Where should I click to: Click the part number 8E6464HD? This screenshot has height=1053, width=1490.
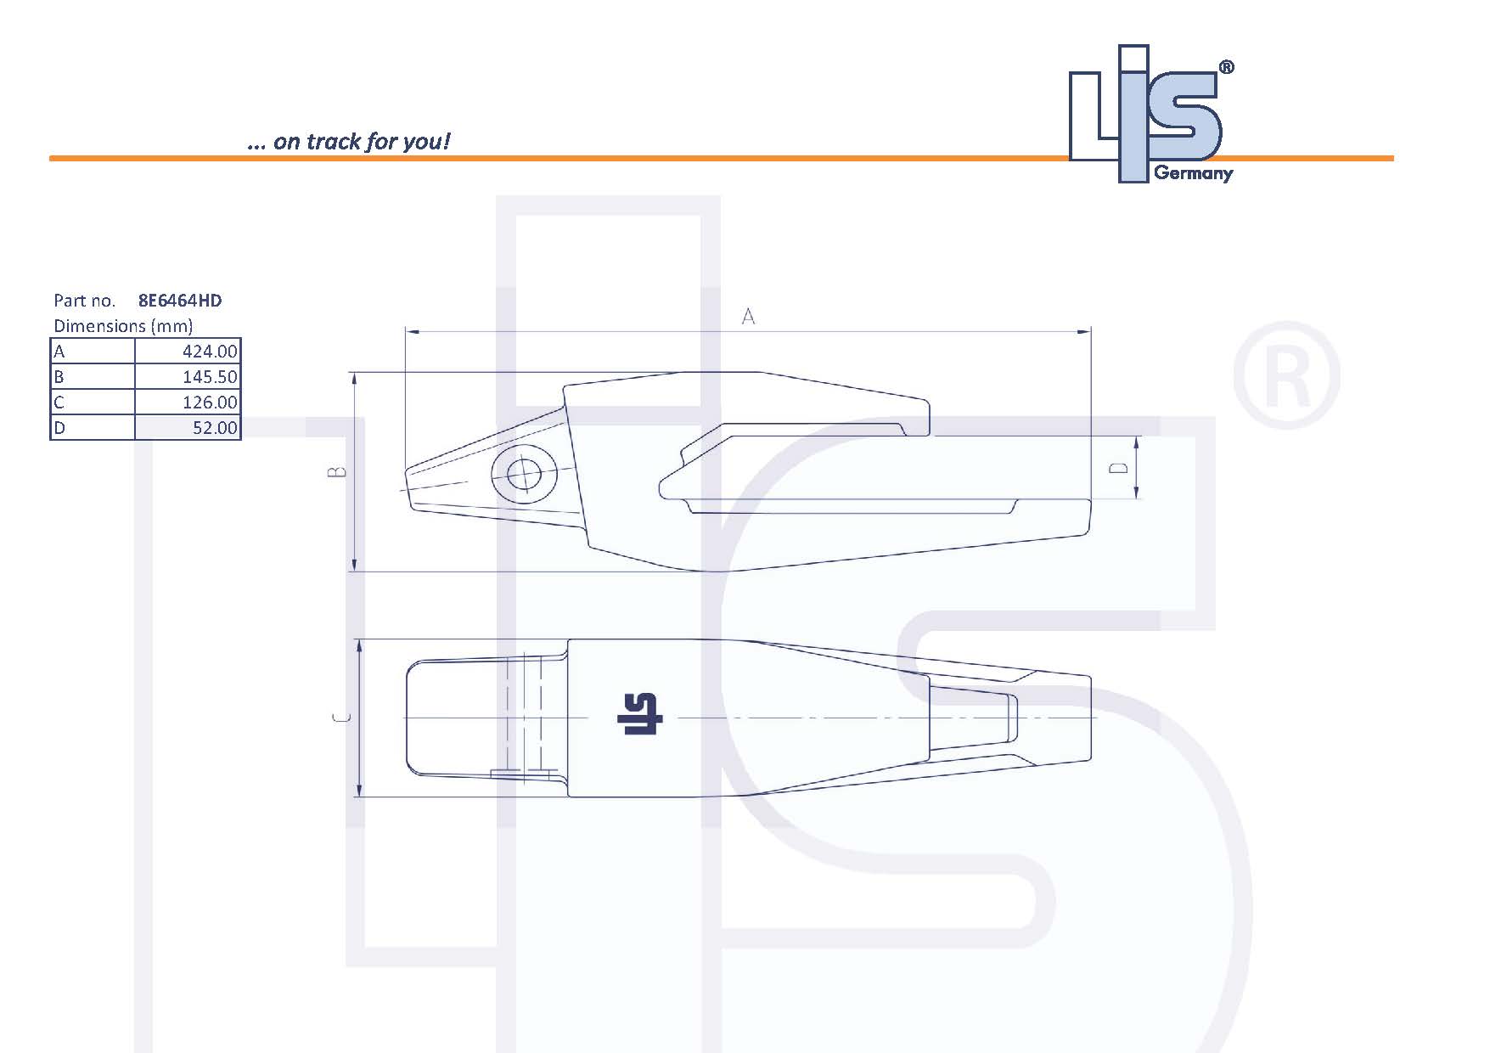[180, 301]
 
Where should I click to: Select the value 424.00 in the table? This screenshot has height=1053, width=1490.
[210, 352]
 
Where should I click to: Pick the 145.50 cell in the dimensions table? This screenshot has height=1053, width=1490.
[210, 377]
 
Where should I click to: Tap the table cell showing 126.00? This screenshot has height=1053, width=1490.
[210, 403]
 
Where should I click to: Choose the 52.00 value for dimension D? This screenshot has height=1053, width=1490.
[215, 428]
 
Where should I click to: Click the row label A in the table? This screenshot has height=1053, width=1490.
[59, 352]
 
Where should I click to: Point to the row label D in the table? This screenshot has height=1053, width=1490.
[59, 428]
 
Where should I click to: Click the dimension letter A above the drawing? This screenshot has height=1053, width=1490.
[748, 317]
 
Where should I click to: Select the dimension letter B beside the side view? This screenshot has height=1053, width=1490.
[338, 471]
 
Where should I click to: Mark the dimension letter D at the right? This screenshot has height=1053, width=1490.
[1120, 468]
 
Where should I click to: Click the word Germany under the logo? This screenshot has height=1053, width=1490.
[1193, 173]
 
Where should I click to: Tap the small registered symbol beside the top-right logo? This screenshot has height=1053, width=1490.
[1226, 68]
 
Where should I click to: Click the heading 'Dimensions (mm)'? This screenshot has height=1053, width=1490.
[123, 326]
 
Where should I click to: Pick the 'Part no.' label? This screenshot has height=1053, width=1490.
[84, 301]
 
